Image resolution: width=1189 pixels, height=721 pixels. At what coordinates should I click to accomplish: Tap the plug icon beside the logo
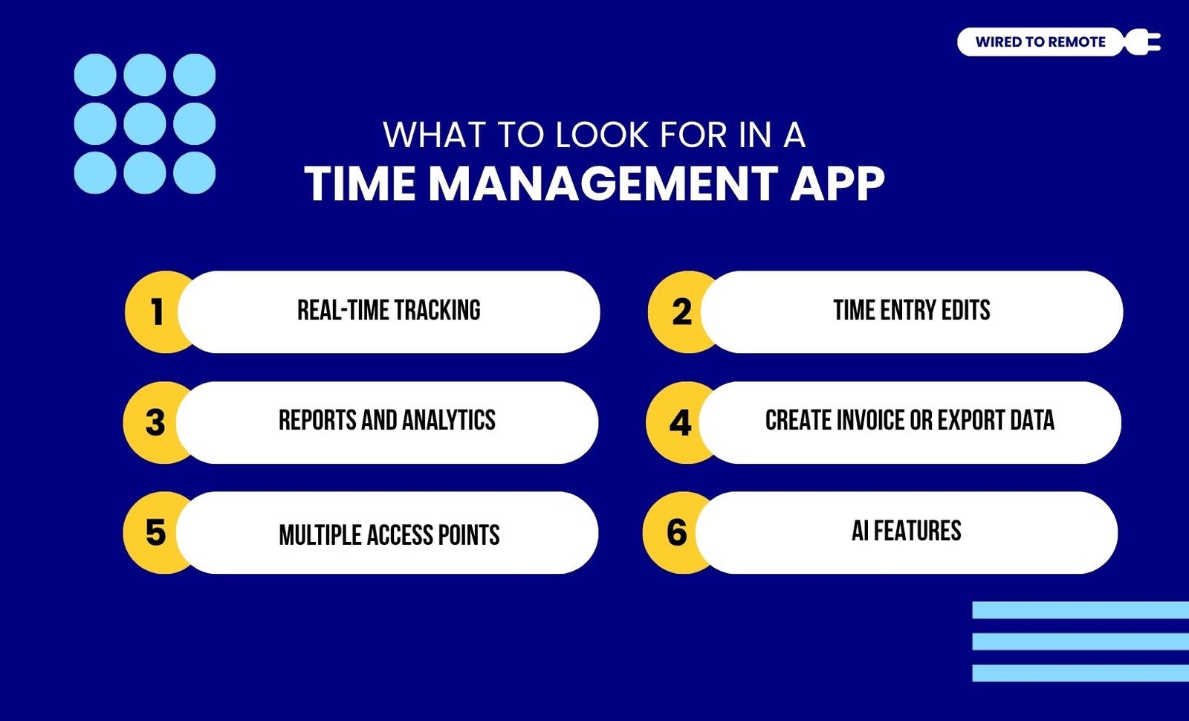click(x=1142, y=42)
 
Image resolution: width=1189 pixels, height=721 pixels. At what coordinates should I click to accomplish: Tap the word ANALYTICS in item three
click(x=449, y=420)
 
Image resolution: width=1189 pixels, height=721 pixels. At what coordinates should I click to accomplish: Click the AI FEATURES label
click(x=907, y=531)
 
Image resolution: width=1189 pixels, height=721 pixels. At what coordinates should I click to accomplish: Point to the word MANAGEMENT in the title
click(x=603, y=183)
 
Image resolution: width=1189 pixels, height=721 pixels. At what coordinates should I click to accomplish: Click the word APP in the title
click(x=838, y=183)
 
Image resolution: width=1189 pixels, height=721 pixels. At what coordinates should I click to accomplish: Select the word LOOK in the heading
click(x=602, y=135)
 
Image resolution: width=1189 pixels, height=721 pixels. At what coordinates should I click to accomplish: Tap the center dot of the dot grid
click(x=145, y=123)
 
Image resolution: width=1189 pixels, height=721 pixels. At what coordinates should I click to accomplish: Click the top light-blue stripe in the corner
click(x=1081, y=610)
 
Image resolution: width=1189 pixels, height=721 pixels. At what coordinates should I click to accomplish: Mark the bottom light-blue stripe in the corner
click(x=1081, y=673)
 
